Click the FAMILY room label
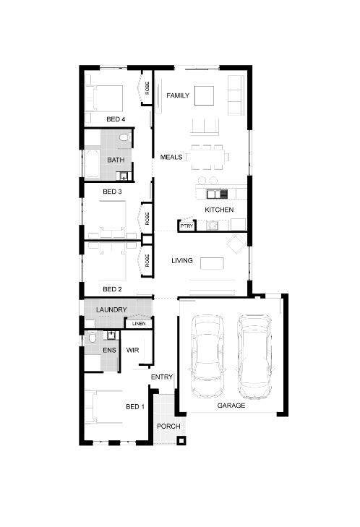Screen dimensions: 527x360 178,95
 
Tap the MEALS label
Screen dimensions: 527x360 171,156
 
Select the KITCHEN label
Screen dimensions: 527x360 219,210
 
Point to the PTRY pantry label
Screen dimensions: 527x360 186,226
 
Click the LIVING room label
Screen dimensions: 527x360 181,260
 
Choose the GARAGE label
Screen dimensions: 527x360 231,406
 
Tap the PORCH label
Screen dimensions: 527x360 168,427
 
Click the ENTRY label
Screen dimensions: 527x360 161,377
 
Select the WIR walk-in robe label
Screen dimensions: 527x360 133,350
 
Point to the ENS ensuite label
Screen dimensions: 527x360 109,351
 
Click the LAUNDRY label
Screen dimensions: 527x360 111,310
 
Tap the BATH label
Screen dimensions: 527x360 116,160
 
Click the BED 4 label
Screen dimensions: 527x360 116,119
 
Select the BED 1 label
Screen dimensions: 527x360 135,407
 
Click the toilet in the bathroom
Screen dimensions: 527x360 124,137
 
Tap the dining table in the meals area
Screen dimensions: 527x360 208,155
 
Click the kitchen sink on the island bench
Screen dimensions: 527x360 214,193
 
